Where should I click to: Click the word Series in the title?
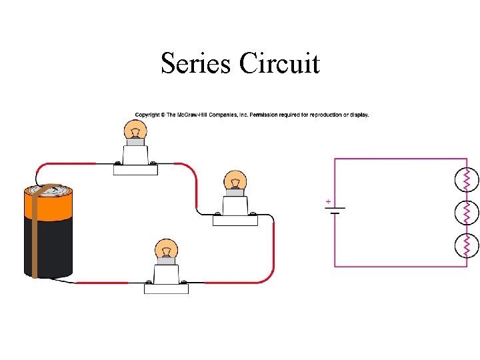[197, 64]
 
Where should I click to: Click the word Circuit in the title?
[279, 64]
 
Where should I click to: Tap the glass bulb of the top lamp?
[136, 130]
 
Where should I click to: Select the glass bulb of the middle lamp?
[234, 181]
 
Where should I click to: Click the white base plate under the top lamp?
[135, 169]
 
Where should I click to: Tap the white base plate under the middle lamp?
[235, 221]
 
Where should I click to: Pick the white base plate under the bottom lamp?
[166, 289]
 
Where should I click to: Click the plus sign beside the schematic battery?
[328, 201]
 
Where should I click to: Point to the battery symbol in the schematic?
[335, 211]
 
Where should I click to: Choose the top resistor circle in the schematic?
[467, 179]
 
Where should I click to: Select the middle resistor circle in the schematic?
[467, 213]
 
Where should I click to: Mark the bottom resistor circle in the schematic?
[467, 245]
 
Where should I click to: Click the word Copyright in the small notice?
[147, 115]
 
